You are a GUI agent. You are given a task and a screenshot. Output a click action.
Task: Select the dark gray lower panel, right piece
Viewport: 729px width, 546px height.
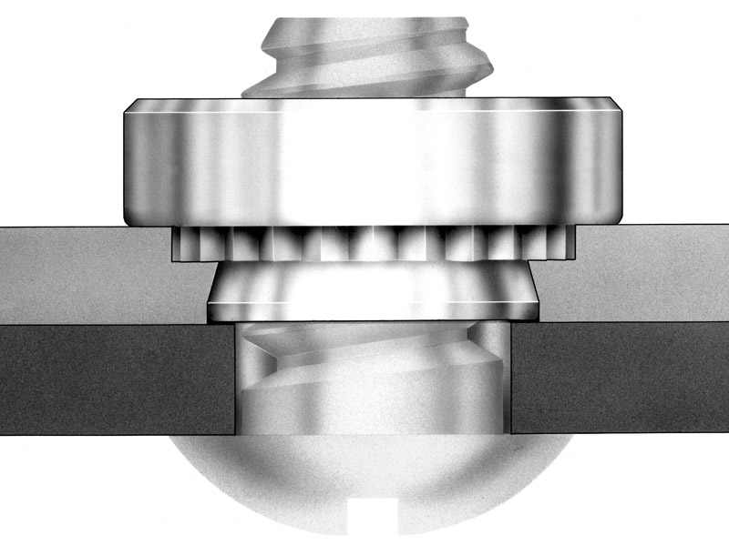pos(620,378)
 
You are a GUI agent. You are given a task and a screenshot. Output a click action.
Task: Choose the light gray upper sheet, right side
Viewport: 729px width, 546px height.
pos(647,273)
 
